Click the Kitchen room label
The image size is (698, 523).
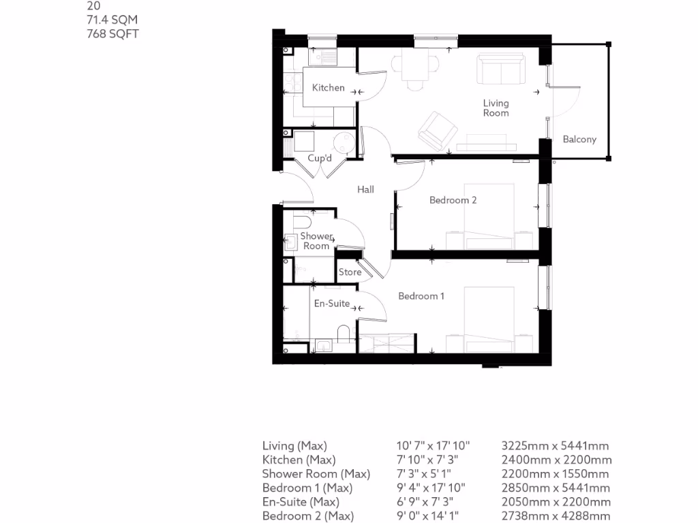coord(328,88)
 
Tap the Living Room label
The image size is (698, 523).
coord(496,108)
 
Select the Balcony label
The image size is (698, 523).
coord(579,140)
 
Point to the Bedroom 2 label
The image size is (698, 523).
coord(453,200)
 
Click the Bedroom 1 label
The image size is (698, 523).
coord(421,296)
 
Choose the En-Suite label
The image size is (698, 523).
coord(331,304)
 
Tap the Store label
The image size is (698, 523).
coord(350,272)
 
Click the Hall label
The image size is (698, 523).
coord(365,190)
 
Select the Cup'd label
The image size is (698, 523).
coord(319,159)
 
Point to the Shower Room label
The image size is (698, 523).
coord(316,241)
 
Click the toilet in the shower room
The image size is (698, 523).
coord(301,223)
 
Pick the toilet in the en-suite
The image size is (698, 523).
coord(344,334)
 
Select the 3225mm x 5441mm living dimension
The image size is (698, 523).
coord(554,447)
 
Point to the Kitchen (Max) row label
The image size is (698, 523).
coord(299,460)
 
